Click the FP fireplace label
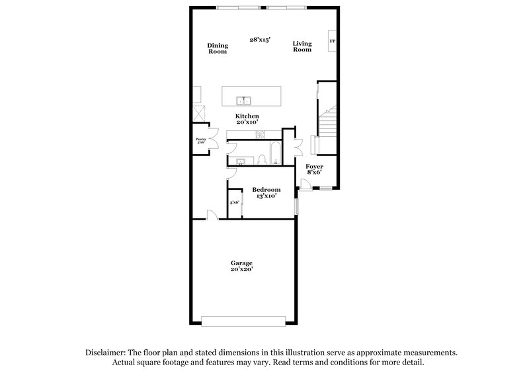[333, 42]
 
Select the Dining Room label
[218, 48]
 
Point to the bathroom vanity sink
[241, 161]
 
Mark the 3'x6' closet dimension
[234, 202]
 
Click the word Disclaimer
[106, 354]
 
